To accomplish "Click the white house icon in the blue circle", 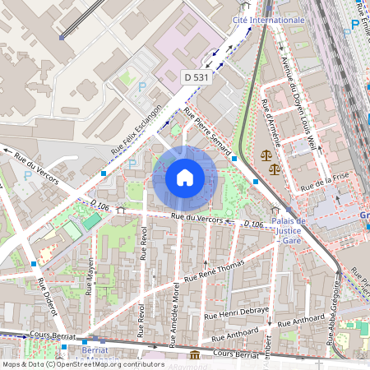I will [x=185, y=177].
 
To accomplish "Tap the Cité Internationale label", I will [x=268, y=19].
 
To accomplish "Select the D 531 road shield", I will [x=194, y=76].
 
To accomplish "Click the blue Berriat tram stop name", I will [x=95, y=349].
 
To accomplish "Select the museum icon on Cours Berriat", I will [x=194, y=354].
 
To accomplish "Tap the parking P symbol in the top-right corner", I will [x=354, y=25].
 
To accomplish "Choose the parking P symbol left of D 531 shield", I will [x=142, y=86].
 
